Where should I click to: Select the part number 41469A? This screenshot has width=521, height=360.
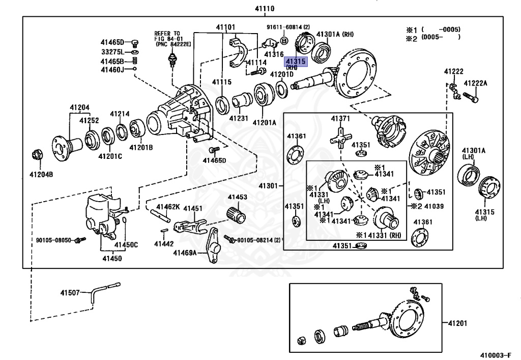tap(185, 253)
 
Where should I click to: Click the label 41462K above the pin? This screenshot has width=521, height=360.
tap(168, 207)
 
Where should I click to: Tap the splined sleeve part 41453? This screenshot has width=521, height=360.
tap(237, 215)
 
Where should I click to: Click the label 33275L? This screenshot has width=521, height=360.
tap(112, 51)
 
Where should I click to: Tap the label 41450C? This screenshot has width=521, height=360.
tap(126, 245)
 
